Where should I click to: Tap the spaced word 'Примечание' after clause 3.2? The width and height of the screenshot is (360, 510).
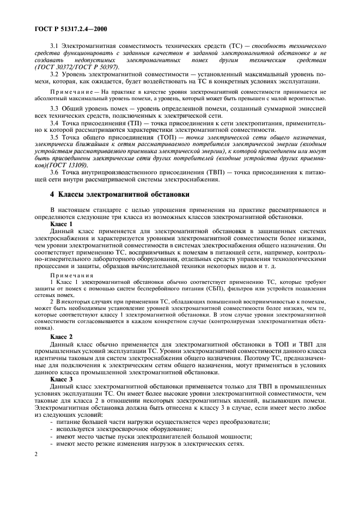pyautogui.click(x=70, y=93)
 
